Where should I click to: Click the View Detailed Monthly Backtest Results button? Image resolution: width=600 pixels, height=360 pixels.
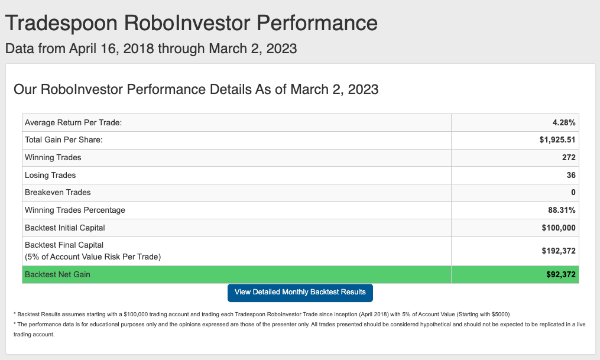point(300,292)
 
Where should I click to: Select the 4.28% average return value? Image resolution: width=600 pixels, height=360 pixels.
point(564,122)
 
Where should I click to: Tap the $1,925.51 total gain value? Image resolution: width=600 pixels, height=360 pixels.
point(557,140)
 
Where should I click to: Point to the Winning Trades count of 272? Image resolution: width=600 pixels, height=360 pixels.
point(569,157)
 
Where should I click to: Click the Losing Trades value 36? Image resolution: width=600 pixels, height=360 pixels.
point(571,175)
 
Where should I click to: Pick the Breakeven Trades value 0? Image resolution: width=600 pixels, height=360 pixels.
point(573,192)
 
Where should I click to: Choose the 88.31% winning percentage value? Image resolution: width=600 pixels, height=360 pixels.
point(562,210)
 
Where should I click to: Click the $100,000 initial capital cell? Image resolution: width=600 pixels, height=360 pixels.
point(558,228)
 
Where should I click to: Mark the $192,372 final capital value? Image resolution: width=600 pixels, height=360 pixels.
point(558,251)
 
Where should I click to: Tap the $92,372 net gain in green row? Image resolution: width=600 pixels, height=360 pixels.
point(560,274)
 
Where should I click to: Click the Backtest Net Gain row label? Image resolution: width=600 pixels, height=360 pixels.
point(57,274)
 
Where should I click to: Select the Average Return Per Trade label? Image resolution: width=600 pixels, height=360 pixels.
point(73,122)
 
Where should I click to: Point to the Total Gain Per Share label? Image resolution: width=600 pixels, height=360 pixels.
point(63,140)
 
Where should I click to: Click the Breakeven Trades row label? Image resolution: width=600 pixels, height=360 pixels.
point(58,192)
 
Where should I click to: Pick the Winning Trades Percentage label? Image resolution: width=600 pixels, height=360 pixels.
point(75,210)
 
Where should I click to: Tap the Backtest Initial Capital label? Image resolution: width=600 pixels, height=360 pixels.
point(64,228)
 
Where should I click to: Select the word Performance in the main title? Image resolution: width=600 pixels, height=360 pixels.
point(317,23)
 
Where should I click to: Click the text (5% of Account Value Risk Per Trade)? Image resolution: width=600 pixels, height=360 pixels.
point(93,257)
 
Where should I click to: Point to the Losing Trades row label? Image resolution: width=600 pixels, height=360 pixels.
point(50,175)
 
